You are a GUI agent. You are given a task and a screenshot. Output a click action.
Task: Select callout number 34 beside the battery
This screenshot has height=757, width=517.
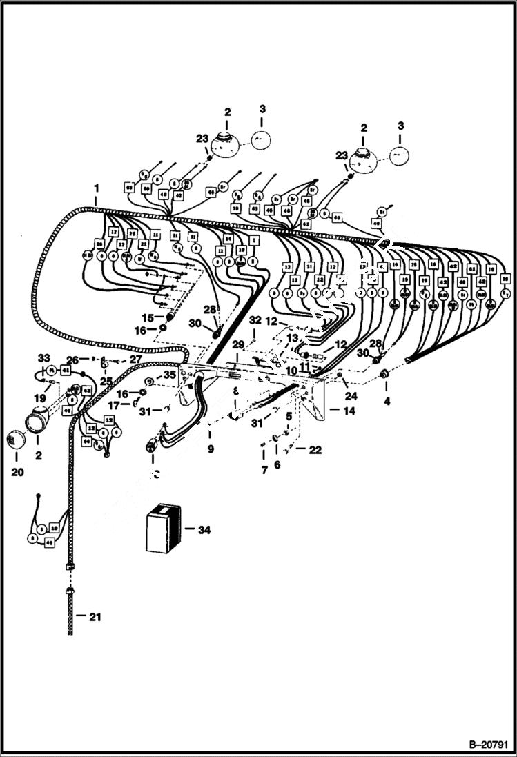click(x=203, y=530)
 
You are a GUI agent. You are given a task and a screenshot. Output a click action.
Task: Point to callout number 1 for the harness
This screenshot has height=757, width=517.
click(x=97, y=188)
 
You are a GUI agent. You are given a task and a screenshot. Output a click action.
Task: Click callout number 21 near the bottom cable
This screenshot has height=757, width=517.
click(x=94, y=617)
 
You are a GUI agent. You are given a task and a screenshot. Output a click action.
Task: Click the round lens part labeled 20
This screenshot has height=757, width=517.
click(x=16, y=439)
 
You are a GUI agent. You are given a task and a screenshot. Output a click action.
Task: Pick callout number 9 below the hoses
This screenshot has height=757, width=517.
click(x=211, y=449)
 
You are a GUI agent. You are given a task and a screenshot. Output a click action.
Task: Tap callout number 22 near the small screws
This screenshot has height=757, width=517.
click(x=315, y=450)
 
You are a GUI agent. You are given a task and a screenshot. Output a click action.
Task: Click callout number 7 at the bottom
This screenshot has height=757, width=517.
click(x=263, y=470)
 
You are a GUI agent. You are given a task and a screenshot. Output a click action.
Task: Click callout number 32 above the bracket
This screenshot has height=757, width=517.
click(x=255, y=321)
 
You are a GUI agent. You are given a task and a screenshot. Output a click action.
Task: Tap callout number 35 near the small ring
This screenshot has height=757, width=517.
click(x=170, y=375)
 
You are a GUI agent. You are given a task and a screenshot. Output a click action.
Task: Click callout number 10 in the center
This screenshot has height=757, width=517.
click(x=293, y=371)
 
